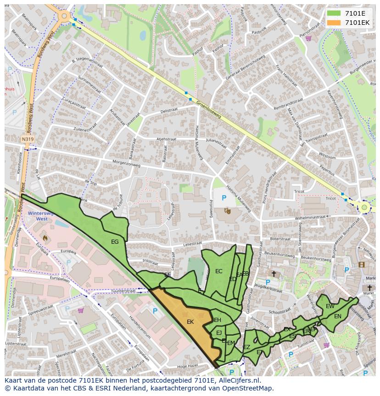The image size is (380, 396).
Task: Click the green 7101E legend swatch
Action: (334, 13)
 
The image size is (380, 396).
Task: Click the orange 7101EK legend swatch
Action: (334, 22)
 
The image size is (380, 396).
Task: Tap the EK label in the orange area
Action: (190, 322)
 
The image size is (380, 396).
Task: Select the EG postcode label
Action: (115, 241)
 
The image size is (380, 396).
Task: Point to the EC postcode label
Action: (218, 271)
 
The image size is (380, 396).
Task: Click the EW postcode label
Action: (330, 306)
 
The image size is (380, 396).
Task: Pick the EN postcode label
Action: (338, 316)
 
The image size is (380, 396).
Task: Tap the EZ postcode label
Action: (246, 347)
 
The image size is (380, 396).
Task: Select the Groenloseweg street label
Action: (209, 109)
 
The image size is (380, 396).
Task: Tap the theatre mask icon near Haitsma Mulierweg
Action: (227, 211)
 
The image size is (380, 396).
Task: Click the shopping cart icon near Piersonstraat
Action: (309, 38)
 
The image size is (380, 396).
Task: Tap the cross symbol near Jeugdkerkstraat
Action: (274, 274)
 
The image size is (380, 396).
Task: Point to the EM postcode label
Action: (231, 343)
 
